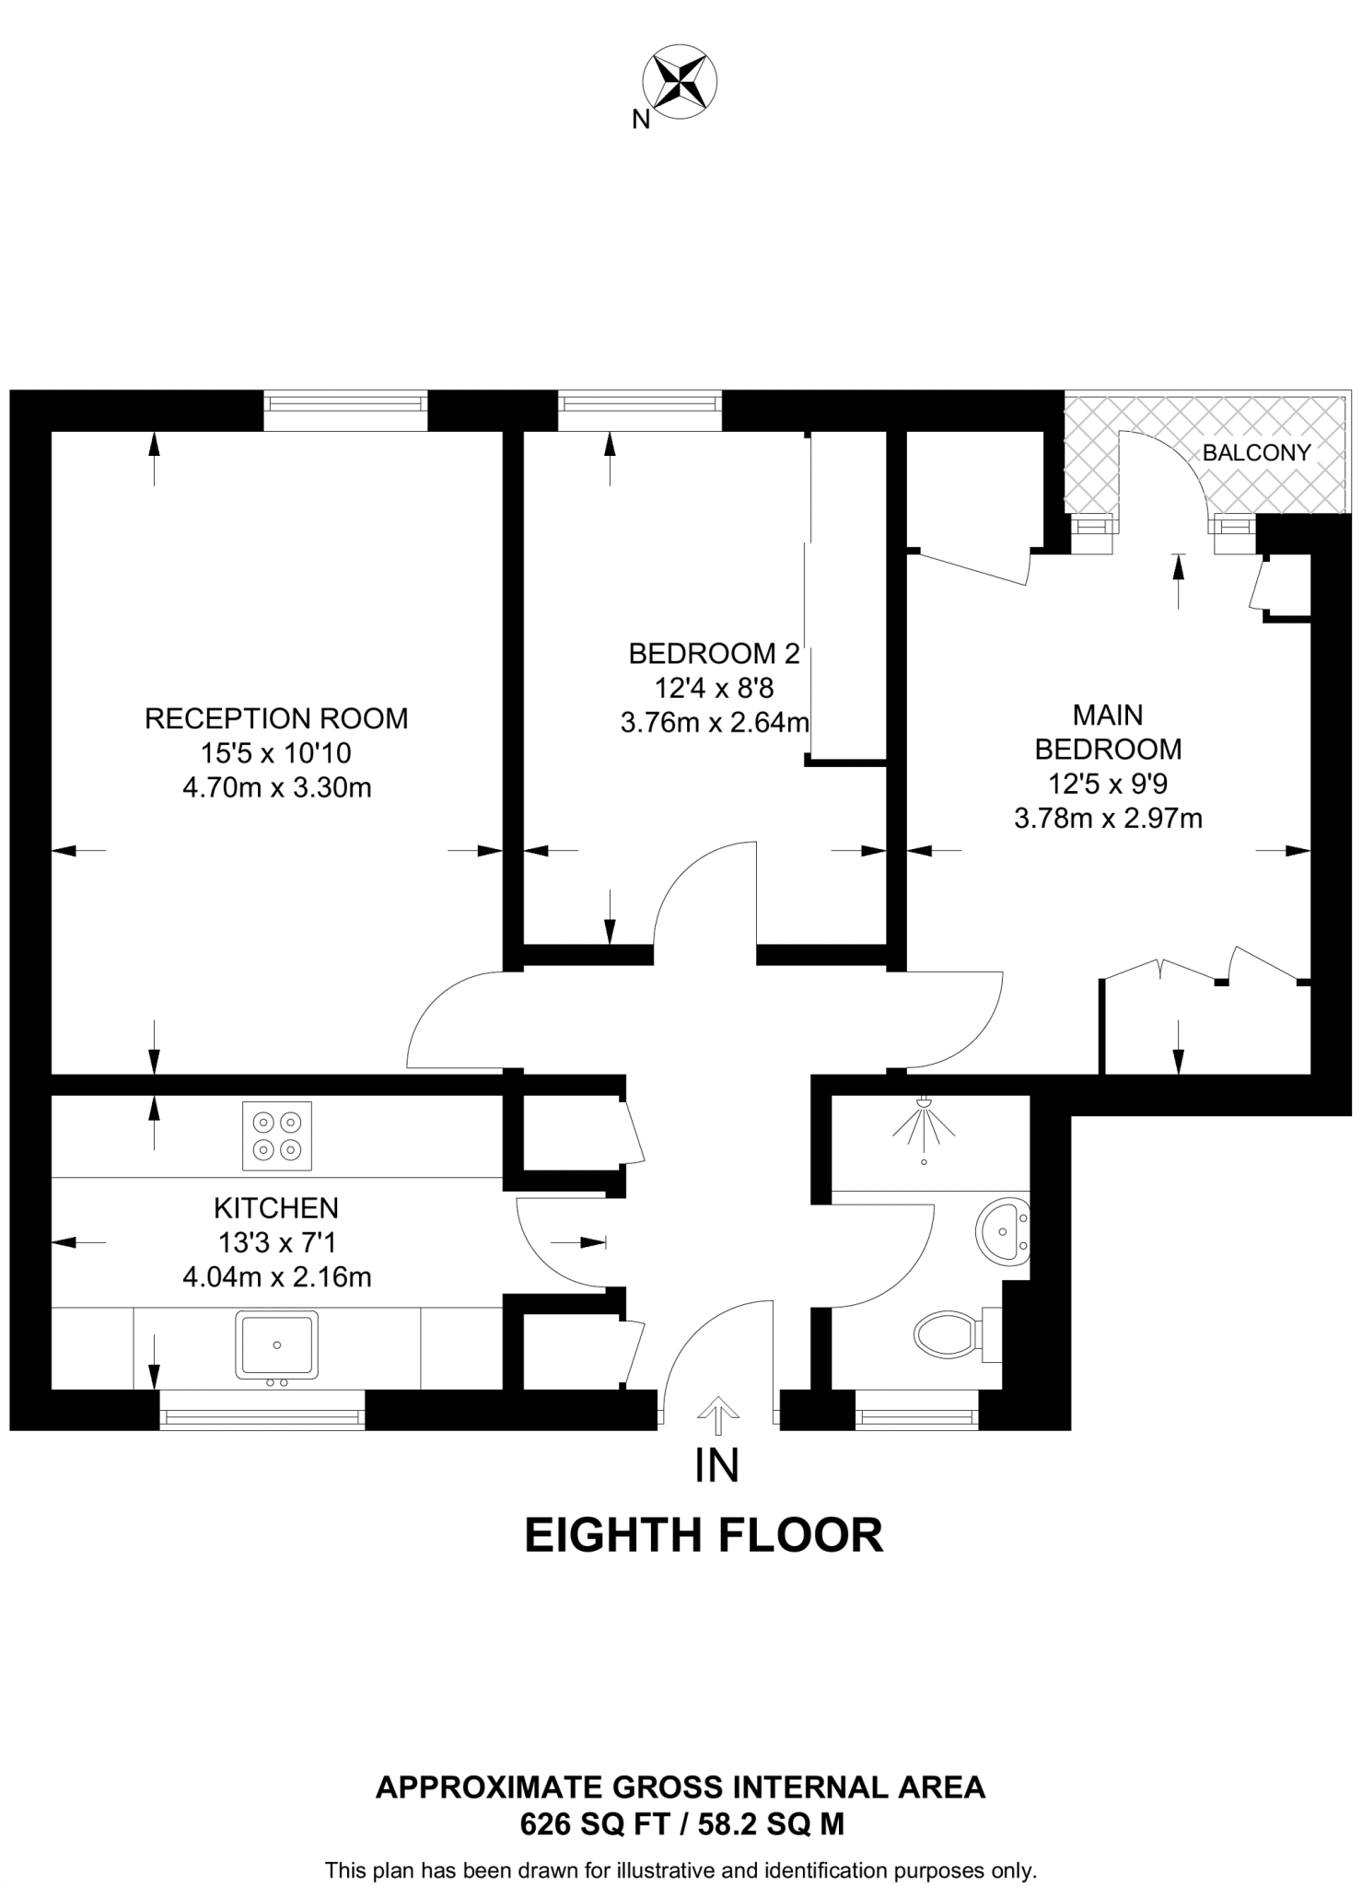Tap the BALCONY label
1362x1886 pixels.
point(1256,452)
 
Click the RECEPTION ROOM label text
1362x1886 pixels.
point(276,718)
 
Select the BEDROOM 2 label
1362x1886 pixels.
point(714,654)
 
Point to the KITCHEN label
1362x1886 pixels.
point(276,1207)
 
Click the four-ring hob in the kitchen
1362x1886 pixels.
point(277,1135)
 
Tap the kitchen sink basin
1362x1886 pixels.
point(276,1345)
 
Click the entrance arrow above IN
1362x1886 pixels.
point(717,1414)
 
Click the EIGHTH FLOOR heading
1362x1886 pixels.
point(704,1535)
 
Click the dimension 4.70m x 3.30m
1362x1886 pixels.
point(276,788)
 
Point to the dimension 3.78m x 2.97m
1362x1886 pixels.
point(1108,818)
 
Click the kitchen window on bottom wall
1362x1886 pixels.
point(262,1410)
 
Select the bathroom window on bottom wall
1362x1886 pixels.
point(916,1410)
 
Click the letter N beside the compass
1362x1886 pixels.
point(641,119)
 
